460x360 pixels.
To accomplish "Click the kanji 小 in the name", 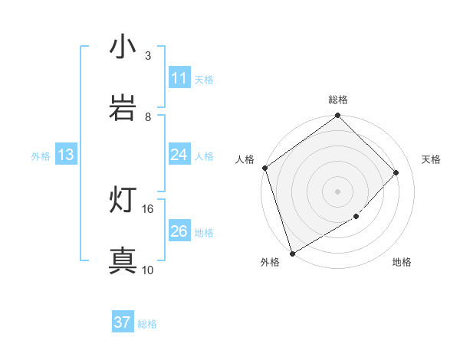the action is coord(123,47).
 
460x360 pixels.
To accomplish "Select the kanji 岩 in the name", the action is coord(123,108).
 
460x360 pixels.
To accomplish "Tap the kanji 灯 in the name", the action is coord(123,200).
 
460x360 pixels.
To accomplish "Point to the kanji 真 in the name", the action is coord(123,261).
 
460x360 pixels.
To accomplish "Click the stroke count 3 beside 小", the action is coord(148,56).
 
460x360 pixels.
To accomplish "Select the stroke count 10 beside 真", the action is coord(148,270).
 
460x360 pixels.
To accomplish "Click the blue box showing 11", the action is coord(179,78).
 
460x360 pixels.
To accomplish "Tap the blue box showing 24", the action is coord(179,155).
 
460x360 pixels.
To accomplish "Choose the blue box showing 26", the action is coord(179,231).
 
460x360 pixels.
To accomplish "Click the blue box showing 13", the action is coord(66,155).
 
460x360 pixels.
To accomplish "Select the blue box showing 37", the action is coord(122,322).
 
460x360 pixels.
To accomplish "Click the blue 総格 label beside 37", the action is coord(147,324).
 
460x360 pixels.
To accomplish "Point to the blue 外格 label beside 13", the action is coord(41,156).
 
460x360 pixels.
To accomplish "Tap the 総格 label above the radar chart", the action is coord(338,100).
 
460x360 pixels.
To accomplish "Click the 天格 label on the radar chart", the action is coord(431,159).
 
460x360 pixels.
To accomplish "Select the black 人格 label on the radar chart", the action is coord(245,159).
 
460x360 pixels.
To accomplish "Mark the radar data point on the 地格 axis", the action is coord(356,217).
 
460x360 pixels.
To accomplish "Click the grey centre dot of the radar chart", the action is coord(337,191).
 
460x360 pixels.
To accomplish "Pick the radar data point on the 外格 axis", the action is coord(292,253).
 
